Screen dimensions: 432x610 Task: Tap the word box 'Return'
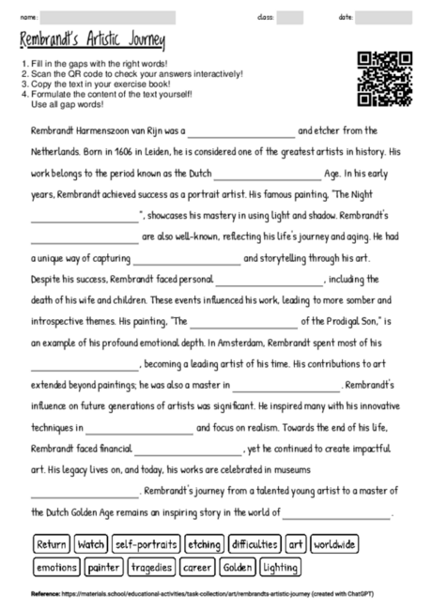coord(52,544)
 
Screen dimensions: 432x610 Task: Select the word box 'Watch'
coord(91,544)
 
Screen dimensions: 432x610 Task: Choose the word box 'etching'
coord(204,544)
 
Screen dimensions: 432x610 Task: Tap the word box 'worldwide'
coord(334,544)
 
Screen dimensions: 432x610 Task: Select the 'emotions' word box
coord(56,567)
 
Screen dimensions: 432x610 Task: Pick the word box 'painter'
coord(103,567)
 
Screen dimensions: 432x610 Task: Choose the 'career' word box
coord(197,567)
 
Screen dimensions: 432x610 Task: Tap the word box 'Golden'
coord(239,567)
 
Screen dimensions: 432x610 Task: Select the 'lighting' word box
coord(282,567)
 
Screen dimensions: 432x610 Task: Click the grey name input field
coord(108,17)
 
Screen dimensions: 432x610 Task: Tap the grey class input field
coord(290,17)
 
